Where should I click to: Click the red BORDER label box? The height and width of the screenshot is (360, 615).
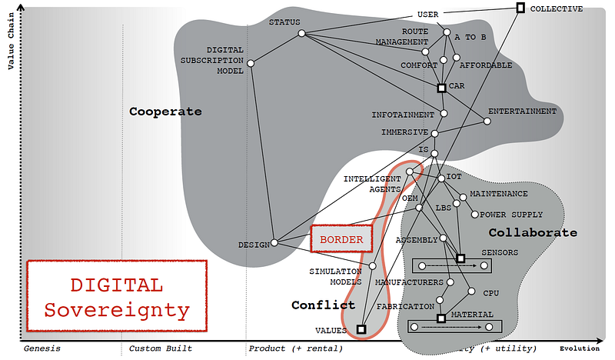341,239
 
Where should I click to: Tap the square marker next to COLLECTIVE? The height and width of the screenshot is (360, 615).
520,8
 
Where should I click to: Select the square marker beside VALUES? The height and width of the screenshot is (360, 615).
361,330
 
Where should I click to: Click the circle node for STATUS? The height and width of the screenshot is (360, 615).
302,33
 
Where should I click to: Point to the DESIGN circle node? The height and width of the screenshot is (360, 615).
274,245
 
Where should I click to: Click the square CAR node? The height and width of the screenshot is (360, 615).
441,88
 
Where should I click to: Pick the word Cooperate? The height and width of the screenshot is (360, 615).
165,112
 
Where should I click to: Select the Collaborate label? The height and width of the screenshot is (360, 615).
533,232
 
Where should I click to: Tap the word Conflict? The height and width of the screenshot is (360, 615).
323,305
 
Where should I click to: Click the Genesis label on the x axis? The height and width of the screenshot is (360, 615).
42,348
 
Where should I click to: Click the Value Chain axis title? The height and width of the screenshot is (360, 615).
11,38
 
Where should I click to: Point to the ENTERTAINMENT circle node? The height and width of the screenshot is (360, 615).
487,120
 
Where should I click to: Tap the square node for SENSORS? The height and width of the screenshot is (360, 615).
460,258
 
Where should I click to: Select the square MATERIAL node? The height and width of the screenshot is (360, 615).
441,318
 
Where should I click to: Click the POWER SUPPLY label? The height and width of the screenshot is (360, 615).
511,215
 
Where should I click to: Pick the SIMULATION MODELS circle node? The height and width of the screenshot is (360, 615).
373,266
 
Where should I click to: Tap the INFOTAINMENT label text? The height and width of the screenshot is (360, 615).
403,115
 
